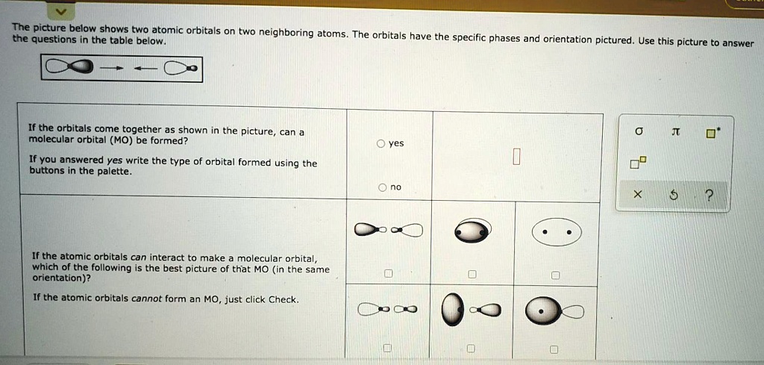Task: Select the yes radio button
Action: point(381,143)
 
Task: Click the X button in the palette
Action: point(636,195)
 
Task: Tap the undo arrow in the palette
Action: point(673,195)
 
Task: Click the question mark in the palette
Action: point(709,195)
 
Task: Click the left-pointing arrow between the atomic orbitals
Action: point(145,69)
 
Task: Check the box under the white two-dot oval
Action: point(554,275)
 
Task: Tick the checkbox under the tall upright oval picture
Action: point(470,348)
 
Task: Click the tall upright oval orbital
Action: point(451,310)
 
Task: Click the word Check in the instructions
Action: point(283,299)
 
